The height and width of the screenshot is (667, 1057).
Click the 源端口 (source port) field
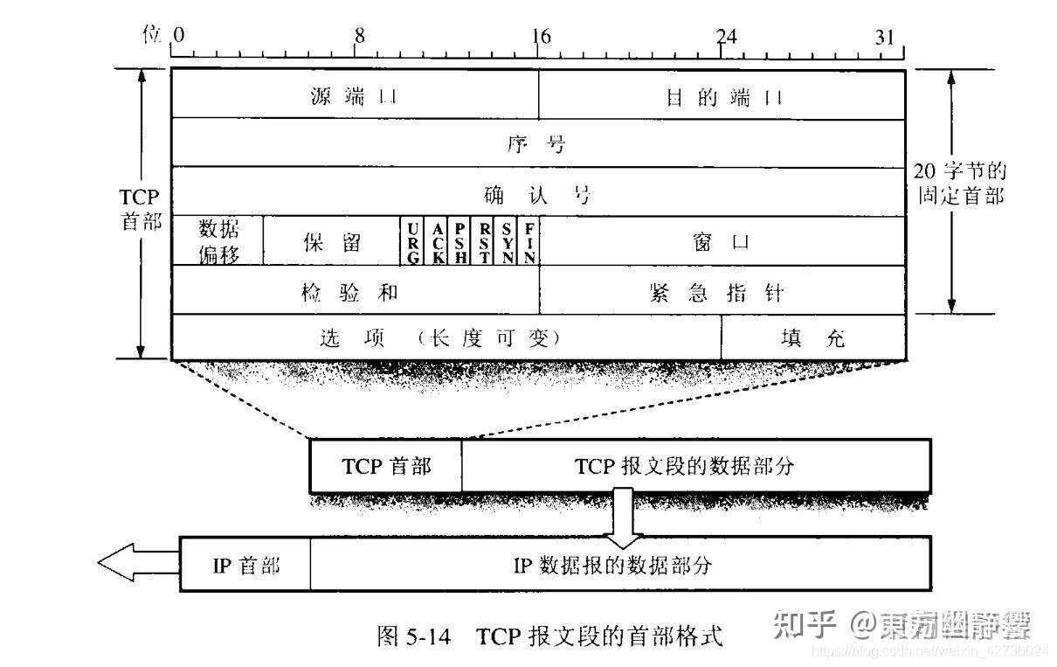[x=355, y=94]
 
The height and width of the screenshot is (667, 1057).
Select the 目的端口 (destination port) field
[x=722, y=94]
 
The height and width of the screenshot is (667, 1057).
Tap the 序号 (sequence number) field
[x=537, y=142]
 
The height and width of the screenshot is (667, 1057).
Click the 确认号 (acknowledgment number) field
[x=537, y=192]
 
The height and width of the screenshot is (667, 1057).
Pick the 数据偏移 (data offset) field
[x=218, y=240]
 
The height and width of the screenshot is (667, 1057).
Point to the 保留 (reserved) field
[x=331, y=241]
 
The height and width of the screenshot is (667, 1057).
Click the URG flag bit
[x=412, y=241]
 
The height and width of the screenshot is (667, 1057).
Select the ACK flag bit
[x=437, y=241]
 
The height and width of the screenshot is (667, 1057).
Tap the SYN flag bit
[x=508, y=241]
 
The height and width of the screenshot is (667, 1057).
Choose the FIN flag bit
[x=529, y=241]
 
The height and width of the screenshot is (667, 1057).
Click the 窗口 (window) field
[x=722, y=241]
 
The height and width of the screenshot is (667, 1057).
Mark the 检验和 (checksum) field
[x=355, y=291]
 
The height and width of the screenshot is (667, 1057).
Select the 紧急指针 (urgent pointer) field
[x=722, y=291]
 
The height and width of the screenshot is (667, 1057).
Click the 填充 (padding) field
[x=812, y=338]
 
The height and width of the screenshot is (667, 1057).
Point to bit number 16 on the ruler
[x=540, y=37]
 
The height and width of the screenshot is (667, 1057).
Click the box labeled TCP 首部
[x=386, y=466]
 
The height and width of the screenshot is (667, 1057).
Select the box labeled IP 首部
[x=246, y=565]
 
